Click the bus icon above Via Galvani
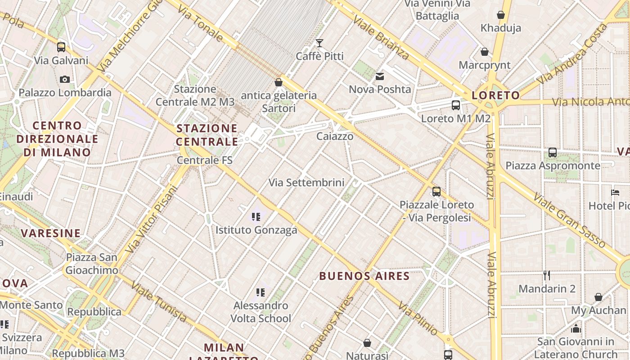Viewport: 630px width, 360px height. tap(61, 47)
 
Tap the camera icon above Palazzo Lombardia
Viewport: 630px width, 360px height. tap(65, 79)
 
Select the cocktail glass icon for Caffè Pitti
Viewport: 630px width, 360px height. tap(319, 43)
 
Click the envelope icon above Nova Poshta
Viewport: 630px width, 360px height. tap(380, 76)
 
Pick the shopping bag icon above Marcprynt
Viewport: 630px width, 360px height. tap(485, 52)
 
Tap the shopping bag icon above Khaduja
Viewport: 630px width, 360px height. tap(501, 15)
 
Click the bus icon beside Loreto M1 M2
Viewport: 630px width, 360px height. tap(456, 105)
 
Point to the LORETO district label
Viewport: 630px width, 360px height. tap(495, 95)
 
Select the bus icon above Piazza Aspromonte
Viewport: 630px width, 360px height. tap(553, 153)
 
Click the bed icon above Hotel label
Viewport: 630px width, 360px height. tap(615, 193)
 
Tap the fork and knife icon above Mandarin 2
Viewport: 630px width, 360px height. tap(547, 275)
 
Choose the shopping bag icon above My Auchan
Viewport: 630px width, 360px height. tap(598, 297)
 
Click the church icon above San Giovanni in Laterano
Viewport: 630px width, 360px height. tap(576, 328)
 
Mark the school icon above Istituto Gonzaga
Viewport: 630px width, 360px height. tap(256, 217)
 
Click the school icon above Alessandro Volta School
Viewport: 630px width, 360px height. tap(261, 293)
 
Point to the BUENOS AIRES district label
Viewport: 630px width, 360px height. tap(364, 276)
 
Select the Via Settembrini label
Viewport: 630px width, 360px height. tap(306, 183)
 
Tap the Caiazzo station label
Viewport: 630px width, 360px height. tap(335, 136)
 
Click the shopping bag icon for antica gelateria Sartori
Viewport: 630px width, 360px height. tap(279, 82)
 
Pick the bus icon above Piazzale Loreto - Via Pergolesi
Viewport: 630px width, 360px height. tap(436, 192)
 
